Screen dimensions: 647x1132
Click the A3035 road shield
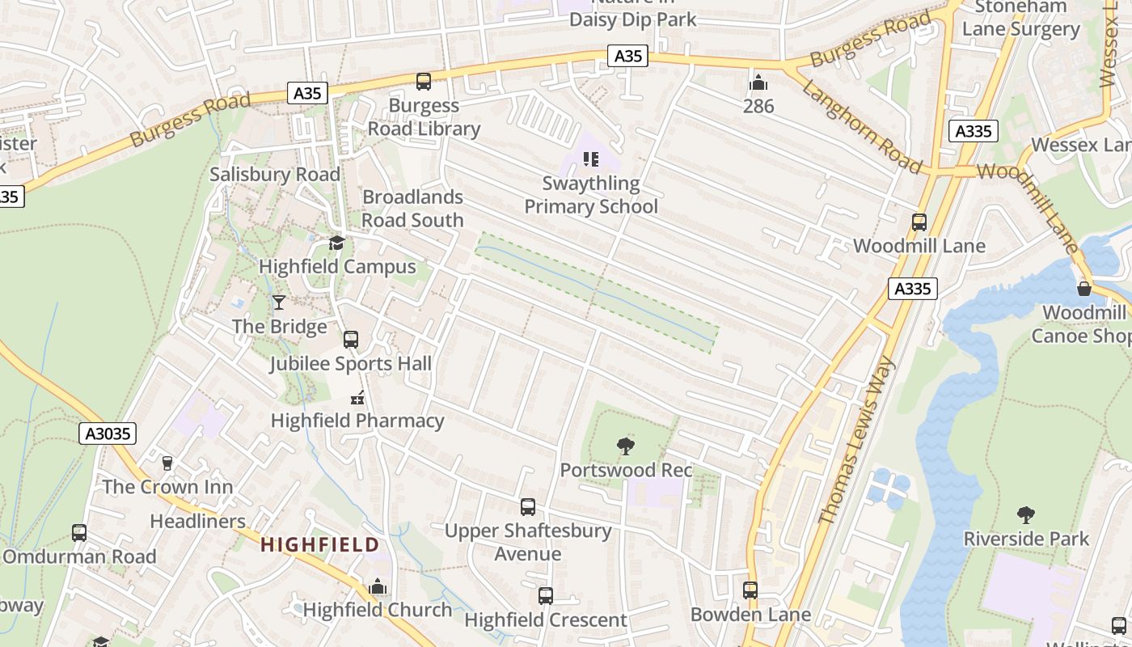[x=108, y=433]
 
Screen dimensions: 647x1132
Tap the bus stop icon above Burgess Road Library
[x=424, y=81]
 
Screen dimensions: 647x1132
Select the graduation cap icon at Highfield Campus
[x=336, y=243]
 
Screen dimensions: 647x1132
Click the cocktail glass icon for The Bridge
[x=279, y=302]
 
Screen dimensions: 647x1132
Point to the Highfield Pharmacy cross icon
[x=357, y=397]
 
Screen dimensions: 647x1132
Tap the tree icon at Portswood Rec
[x=625, y=446]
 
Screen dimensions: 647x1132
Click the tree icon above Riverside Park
[x=1026, y=514]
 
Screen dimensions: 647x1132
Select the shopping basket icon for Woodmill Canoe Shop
[x=1084, y=288]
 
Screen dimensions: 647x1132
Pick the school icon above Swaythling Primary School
[x=591, y=159]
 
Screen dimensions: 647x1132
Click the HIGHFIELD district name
[x=320, y=544]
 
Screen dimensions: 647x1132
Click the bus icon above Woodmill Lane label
[x=919, y=222]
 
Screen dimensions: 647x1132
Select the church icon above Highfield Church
[x=378, y=587]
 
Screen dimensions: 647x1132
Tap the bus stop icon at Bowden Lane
[x=750, y=590]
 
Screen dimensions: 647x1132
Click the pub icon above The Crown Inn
[x=167, y=463]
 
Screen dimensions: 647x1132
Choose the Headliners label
[x=198, y=521]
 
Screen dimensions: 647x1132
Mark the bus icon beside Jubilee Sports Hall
[x=351, y=340]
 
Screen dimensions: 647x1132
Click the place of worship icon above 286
[x=758, y=82]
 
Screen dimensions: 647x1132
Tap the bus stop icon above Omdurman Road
[x=79, y=533]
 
